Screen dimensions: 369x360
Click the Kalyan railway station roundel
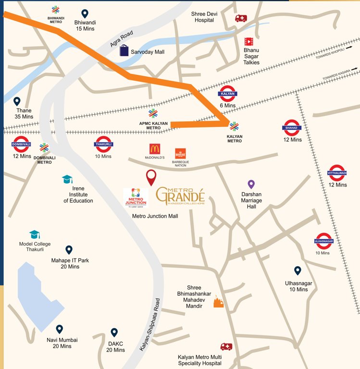click(x=227, y=94)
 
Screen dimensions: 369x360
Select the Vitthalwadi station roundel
click(x=337, y=172)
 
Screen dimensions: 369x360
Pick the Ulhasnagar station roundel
click(x=323, y=241)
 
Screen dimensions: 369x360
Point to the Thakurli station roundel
click(x=103, y=144)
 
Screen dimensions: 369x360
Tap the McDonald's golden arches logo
click(x=155, y=149)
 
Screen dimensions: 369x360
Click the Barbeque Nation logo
click(x=180, y=154)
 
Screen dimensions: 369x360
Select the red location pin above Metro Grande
click(x=151, y=177)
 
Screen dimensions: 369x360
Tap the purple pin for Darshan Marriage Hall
click(x=250, y=184)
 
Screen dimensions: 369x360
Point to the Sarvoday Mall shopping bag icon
click(x=124, y=51)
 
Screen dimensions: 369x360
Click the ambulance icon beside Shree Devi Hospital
click(x=240, y=18)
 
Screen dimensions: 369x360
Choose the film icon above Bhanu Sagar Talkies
click(x=248, y=42)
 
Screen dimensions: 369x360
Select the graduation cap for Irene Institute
click(x=67, y=179)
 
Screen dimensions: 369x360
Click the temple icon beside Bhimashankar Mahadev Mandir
click(x=219, y=302)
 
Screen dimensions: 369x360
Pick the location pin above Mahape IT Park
click(x=69, y=249)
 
